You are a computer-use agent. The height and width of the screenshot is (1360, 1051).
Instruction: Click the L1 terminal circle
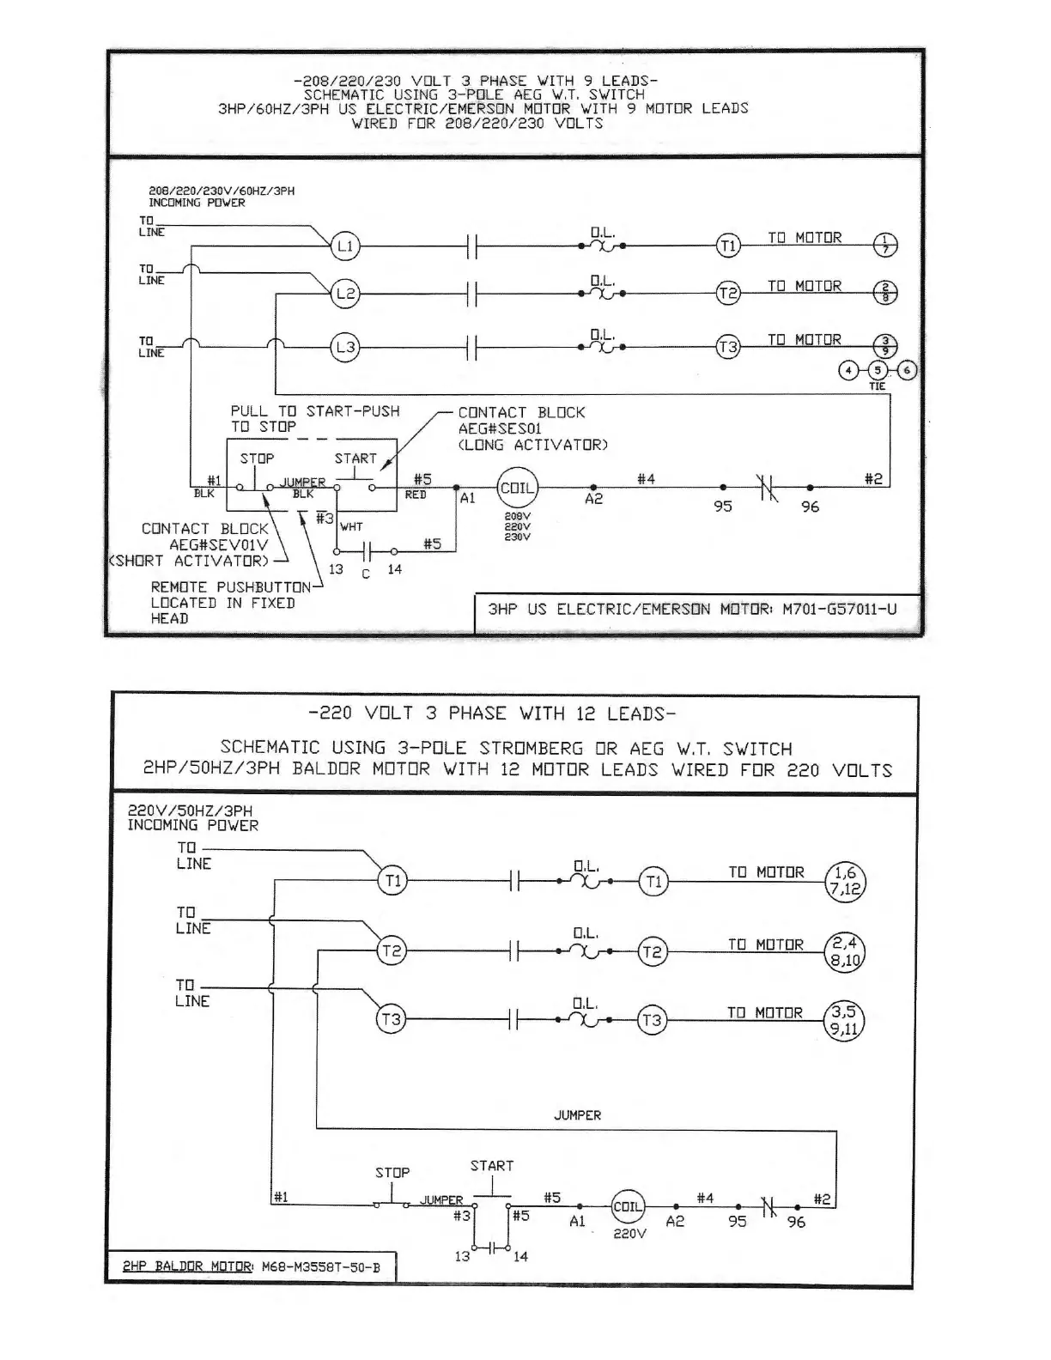click(345, 246)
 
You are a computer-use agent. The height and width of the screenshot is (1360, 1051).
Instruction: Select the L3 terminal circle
click(345, 348)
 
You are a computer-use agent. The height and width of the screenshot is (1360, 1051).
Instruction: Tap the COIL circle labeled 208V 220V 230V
click(518, 488)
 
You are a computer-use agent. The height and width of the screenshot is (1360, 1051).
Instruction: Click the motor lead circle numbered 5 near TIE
click(877, 371)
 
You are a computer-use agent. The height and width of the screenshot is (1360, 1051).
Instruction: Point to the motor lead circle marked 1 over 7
click(885, 246)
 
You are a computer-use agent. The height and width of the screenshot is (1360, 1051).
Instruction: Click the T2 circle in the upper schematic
click(728, 294)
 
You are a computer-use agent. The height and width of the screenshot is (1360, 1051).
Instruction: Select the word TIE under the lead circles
click(877, 386)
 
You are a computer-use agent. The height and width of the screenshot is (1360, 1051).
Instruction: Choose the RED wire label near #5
click(416, 495)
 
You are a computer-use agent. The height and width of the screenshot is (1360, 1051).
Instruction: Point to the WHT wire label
click(351, 526)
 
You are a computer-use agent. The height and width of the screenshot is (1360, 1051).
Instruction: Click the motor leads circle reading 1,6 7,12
click(845, 881)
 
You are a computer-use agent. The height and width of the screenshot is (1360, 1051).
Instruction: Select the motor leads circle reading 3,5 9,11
click(845, 1020)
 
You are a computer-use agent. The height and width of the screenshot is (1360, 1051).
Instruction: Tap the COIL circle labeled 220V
click(628, 1206)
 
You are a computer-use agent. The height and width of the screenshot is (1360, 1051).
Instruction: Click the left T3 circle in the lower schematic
click(391, 1020)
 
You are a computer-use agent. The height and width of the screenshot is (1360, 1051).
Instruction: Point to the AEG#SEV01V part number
click(219, 545)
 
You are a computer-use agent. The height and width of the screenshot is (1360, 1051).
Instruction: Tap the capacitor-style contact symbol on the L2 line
click(471, 294)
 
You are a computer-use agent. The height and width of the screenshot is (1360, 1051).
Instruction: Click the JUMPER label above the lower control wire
click(577, 1115)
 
